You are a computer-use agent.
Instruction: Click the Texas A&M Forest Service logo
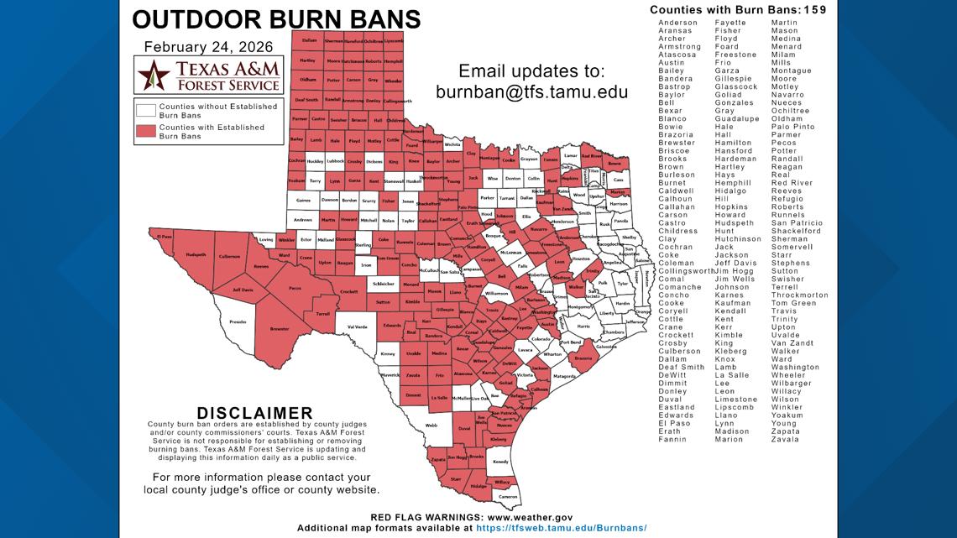209,76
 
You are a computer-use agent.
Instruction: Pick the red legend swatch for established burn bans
146,131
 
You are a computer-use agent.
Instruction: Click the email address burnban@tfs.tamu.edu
531,91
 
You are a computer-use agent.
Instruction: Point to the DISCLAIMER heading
254,413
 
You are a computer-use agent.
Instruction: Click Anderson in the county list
677,23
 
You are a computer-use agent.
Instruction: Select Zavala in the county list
785,439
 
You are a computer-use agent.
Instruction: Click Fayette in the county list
730,23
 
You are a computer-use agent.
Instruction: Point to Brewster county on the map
280,329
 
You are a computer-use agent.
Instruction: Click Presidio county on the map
238,321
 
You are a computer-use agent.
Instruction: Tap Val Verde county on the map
352,326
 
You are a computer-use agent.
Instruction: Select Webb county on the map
431,426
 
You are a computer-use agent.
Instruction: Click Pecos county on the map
295,288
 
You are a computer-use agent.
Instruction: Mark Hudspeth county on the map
196,253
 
